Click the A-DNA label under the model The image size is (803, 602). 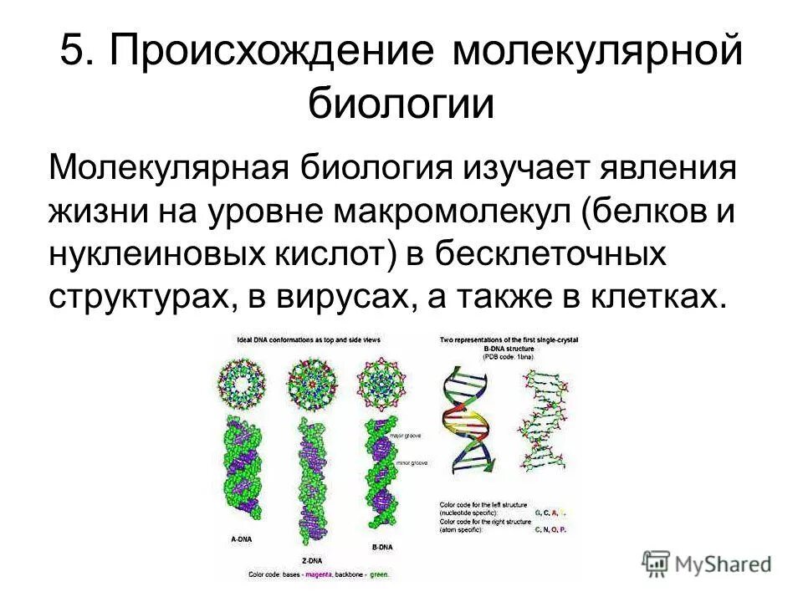(x=241, y=539)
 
